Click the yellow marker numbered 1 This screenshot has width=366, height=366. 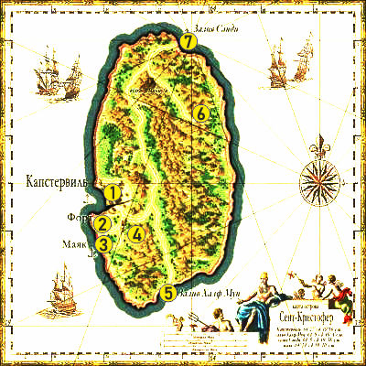click(112, 193)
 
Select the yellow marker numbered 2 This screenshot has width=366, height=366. click(103, 223)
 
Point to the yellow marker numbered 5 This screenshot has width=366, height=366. click(167, 294)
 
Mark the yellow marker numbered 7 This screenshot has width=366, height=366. click(188, 42)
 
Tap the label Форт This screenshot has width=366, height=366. click(79, 219)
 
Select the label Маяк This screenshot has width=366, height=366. click(72, 245)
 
